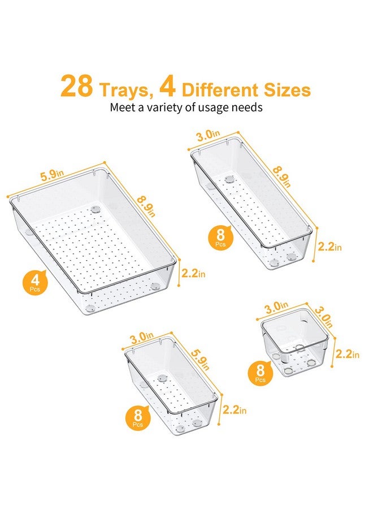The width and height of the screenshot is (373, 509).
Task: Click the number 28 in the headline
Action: pyautogui.click(x=78, y=88)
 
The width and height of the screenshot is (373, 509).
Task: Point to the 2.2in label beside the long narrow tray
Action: pyautogui.click(x=329, y=246)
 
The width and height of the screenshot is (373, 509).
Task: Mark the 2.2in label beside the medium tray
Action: pyautogui.click(x=235, y=409)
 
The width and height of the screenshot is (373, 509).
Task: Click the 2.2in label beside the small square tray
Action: pyautogui.click(x=346, y=354)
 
